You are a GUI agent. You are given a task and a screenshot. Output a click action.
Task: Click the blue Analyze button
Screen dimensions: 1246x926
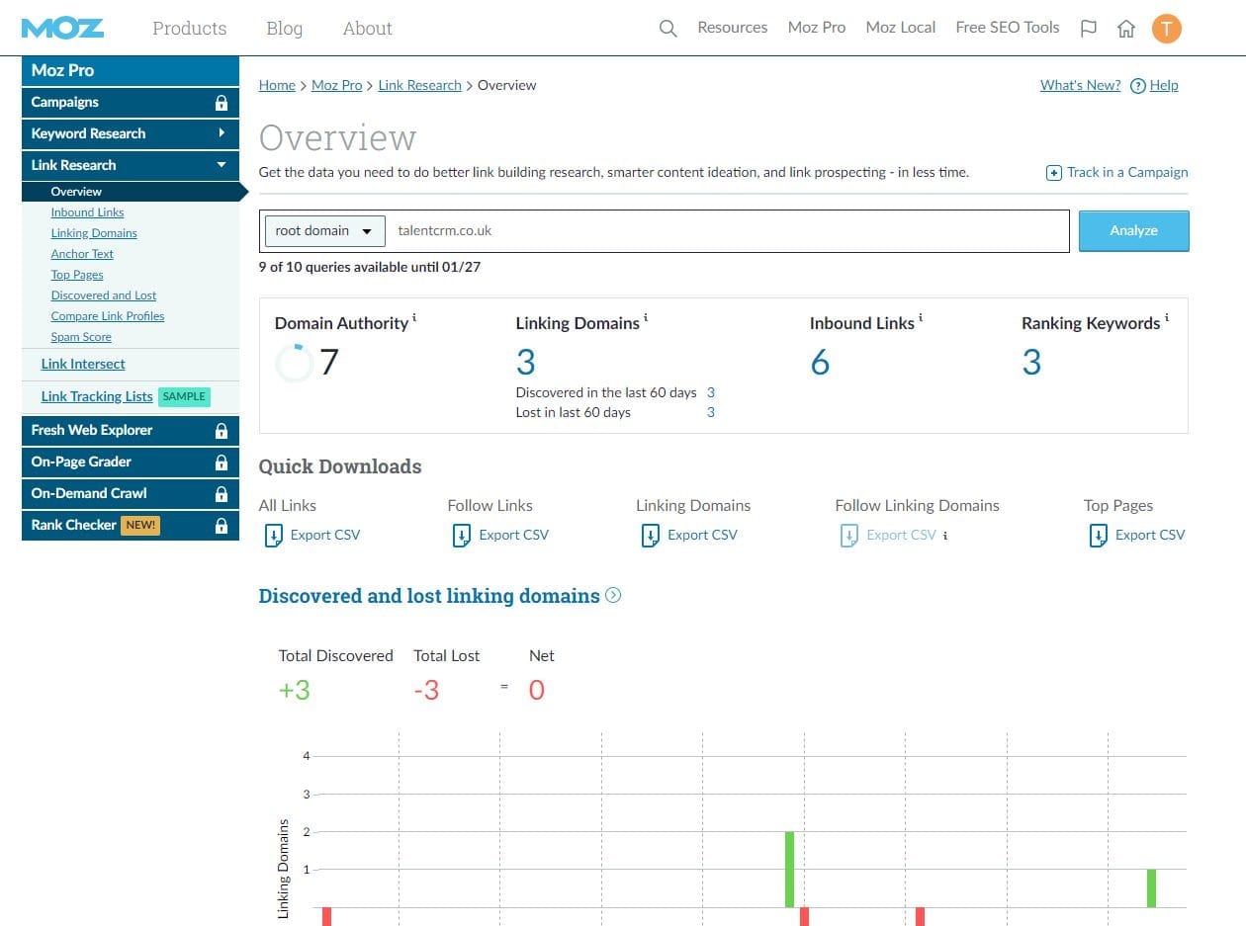pyautogui.click(x=1133, y=231)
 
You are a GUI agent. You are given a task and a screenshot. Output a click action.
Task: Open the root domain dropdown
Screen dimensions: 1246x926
pyautogui.click(x=324, y=231)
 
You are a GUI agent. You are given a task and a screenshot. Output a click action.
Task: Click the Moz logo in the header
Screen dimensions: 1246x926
pyautogui.click(x=62, y=28)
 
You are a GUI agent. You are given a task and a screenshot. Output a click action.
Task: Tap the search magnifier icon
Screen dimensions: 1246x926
pyautogui.click(x=667, y=28)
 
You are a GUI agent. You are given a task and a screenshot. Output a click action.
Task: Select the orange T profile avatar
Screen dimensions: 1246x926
pyautogui.click(x=1166, y=28)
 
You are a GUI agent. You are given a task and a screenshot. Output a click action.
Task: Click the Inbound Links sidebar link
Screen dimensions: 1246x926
pyautogui.click(x=87, y=212)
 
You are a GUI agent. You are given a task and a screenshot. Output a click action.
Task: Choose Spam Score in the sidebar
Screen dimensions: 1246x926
pyautogui.click(x=81, y=337)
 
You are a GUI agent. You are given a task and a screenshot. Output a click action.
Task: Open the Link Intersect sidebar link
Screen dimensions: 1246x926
pyautogui.click(x=83, y=364)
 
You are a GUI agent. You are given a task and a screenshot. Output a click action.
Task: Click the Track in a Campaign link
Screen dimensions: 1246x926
pyautogui.click(x=1116, y=172)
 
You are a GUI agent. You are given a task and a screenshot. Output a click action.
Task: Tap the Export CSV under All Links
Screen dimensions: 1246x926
pyautogui.click(x=312, y=536)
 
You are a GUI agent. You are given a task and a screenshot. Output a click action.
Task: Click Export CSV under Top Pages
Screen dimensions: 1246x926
pyautogui.click(x=1137, y=536)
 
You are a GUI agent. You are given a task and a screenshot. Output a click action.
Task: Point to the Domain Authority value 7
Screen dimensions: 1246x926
pyautogui.click(x=329, y=361)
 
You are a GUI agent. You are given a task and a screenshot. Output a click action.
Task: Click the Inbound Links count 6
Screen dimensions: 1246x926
pyautogui.click(x=820, y=362)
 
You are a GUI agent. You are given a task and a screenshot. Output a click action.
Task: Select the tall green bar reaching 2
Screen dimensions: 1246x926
pyautogui.click(x=789, y=870)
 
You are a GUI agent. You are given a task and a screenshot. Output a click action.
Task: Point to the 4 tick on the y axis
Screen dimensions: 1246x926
pyautogui.click(x=307, y=756)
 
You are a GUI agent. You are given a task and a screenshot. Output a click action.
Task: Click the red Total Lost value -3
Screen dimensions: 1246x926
pyautogui.click(x=426, y=690)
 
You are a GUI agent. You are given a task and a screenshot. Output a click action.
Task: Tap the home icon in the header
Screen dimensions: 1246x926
pyautogui.click(x=1125, y=28)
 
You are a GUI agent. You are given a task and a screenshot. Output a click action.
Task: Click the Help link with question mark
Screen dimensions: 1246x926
pyautogui.click(x=1154, y=85)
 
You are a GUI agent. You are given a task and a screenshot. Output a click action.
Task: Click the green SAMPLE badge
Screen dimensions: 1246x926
pyautogui.click(x=184, y=397)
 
